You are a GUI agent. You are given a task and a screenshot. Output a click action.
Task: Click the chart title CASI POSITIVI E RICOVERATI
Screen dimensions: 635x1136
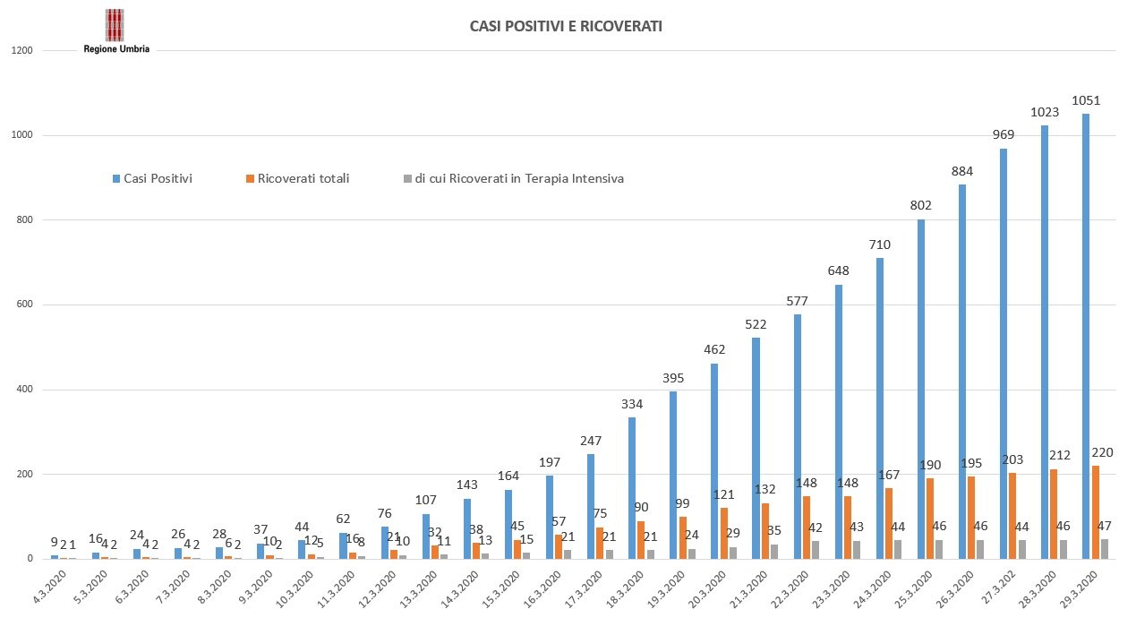[566, 27]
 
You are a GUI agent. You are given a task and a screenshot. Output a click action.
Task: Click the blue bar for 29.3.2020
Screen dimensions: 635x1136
[1086, 336]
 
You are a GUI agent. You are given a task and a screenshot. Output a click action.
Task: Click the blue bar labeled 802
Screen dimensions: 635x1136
[921, 389]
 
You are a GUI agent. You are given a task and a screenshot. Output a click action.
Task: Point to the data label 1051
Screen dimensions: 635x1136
[1086, 100]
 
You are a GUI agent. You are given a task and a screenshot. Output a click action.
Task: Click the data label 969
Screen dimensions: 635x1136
[1004, 134]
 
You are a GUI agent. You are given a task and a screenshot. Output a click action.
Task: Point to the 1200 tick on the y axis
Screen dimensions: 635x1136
[23, 51]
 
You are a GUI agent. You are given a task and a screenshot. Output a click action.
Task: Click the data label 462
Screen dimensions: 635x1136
[714, 349]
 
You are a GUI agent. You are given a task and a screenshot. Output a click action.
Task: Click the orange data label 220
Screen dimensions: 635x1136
[1102, 452]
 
